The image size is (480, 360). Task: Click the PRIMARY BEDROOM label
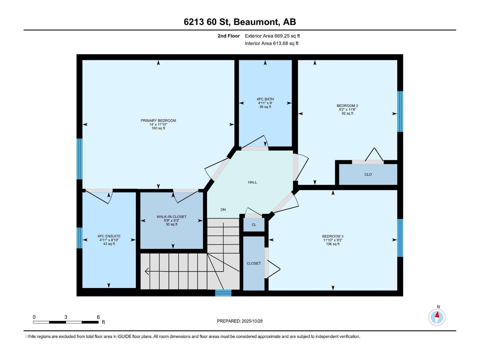158,121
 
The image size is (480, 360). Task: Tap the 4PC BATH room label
265,99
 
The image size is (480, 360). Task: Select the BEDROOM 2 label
347,106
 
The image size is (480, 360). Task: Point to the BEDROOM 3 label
333,236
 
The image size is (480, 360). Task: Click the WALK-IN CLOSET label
172,217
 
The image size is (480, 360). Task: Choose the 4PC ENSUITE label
109,236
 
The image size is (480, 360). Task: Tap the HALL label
253,182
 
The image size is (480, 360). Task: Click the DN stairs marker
223,210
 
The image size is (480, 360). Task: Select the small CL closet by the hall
254,225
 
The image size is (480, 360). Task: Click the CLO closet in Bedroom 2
368,175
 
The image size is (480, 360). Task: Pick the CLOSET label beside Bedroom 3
254,263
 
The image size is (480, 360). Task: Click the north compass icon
437,317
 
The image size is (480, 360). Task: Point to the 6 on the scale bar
98,317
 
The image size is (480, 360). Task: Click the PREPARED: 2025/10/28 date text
240,321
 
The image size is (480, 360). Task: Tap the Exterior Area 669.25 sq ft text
272,36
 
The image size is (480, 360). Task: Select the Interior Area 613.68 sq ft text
271,43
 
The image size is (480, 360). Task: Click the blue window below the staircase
223,293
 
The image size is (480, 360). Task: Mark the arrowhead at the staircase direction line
147,271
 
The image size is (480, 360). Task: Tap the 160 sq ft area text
158,128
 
